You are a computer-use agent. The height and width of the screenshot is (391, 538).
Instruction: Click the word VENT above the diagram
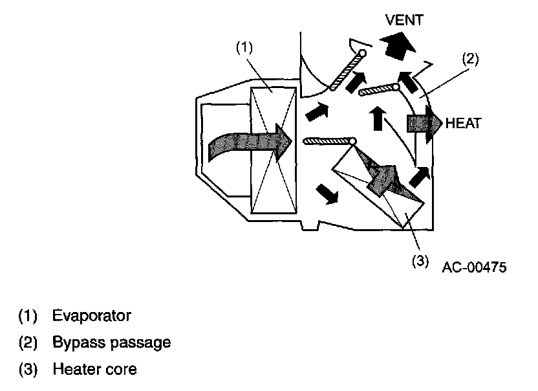(x=404, y=20)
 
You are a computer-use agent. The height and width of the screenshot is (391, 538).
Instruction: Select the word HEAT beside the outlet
(x=464, y=124)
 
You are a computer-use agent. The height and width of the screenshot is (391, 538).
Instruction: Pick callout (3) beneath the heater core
(x=420, y=261)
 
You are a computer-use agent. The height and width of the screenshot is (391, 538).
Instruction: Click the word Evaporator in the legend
(x=93, y=316)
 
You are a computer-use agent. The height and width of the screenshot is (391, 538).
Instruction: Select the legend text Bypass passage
(x=112, y=342)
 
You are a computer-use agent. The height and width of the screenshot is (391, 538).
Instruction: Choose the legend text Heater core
(x=94, y=370)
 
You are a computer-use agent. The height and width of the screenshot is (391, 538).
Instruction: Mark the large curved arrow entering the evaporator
(x=246, y=144)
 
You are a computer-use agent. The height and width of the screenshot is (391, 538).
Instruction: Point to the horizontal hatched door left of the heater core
(x=328, y=140)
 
